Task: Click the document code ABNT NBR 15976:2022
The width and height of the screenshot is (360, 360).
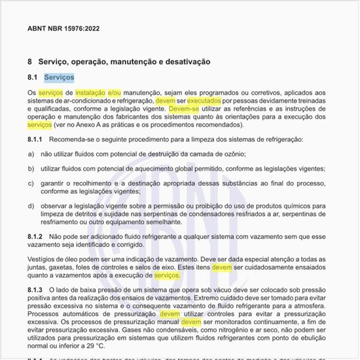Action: tap(63, 29)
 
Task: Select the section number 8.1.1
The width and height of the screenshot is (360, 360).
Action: tap(35, 139)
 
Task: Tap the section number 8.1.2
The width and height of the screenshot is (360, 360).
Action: tap(35, 234)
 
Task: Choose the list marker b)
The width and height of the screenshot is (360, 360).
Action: tap(31, 168)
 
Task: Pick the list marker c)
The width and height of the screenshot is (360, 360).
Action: tap(31, 183)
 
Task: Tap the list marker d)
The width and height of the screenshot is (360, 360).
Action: tap(31, 206)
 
